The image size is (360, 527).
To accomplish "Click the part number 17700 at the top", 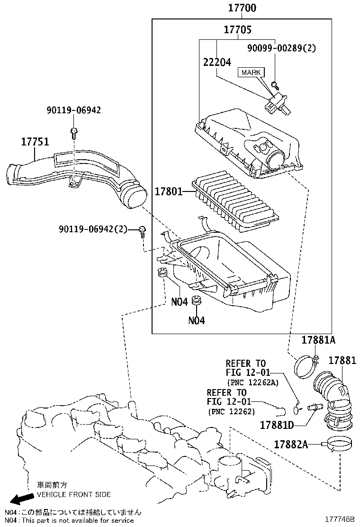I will pyautogui.click(x=242, y=8).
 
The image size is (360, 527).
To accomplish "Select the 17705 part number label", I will pyautogui.click(x=237, y=30).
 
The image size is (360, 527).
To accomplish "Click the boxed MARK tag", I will pyautogui.click(x=251, y=73).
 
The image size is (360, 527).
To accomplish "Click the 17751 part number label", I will pyautogui.click(x=35, y=141).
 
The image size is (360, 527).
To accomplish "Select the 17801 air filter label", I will pyautogui.click(x=169, y=192).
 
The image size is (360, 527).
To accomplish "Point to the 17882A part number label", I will pyautogui.click(x=291, y=444).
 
